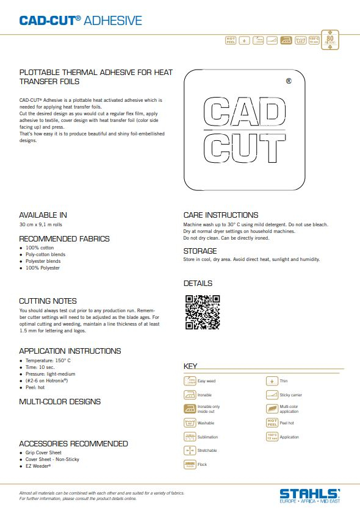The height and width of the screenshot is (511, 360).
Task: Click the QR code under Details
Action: coord(202,312)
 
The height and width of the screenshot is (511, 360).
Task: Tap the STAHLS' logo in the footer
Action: coord(310,495)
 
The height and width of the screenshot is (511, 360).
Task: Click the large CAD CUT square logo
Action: coord(243,129)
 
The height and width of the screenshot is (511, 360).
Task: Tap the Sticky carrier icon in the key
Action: coord(272,395)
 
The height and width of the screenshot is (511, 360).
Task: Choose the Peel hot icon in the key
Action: coord(272,423)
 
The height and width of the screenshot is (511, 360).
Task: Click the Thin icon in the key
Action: coord(272,381)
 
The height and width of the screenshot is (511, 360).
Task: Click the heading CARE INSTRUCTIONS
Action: coord(221,215)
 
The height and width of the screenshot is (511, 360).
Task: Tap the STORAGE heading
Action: coord(200,251)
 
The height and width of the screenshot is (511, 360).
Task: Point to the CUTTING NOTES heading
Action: coord(48,301)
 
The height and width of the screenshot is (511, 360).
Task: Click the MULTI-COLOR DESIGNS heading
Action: coord(60,402)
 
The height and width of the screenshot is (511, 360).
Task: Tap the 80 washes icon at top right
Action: coord(330,39)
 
